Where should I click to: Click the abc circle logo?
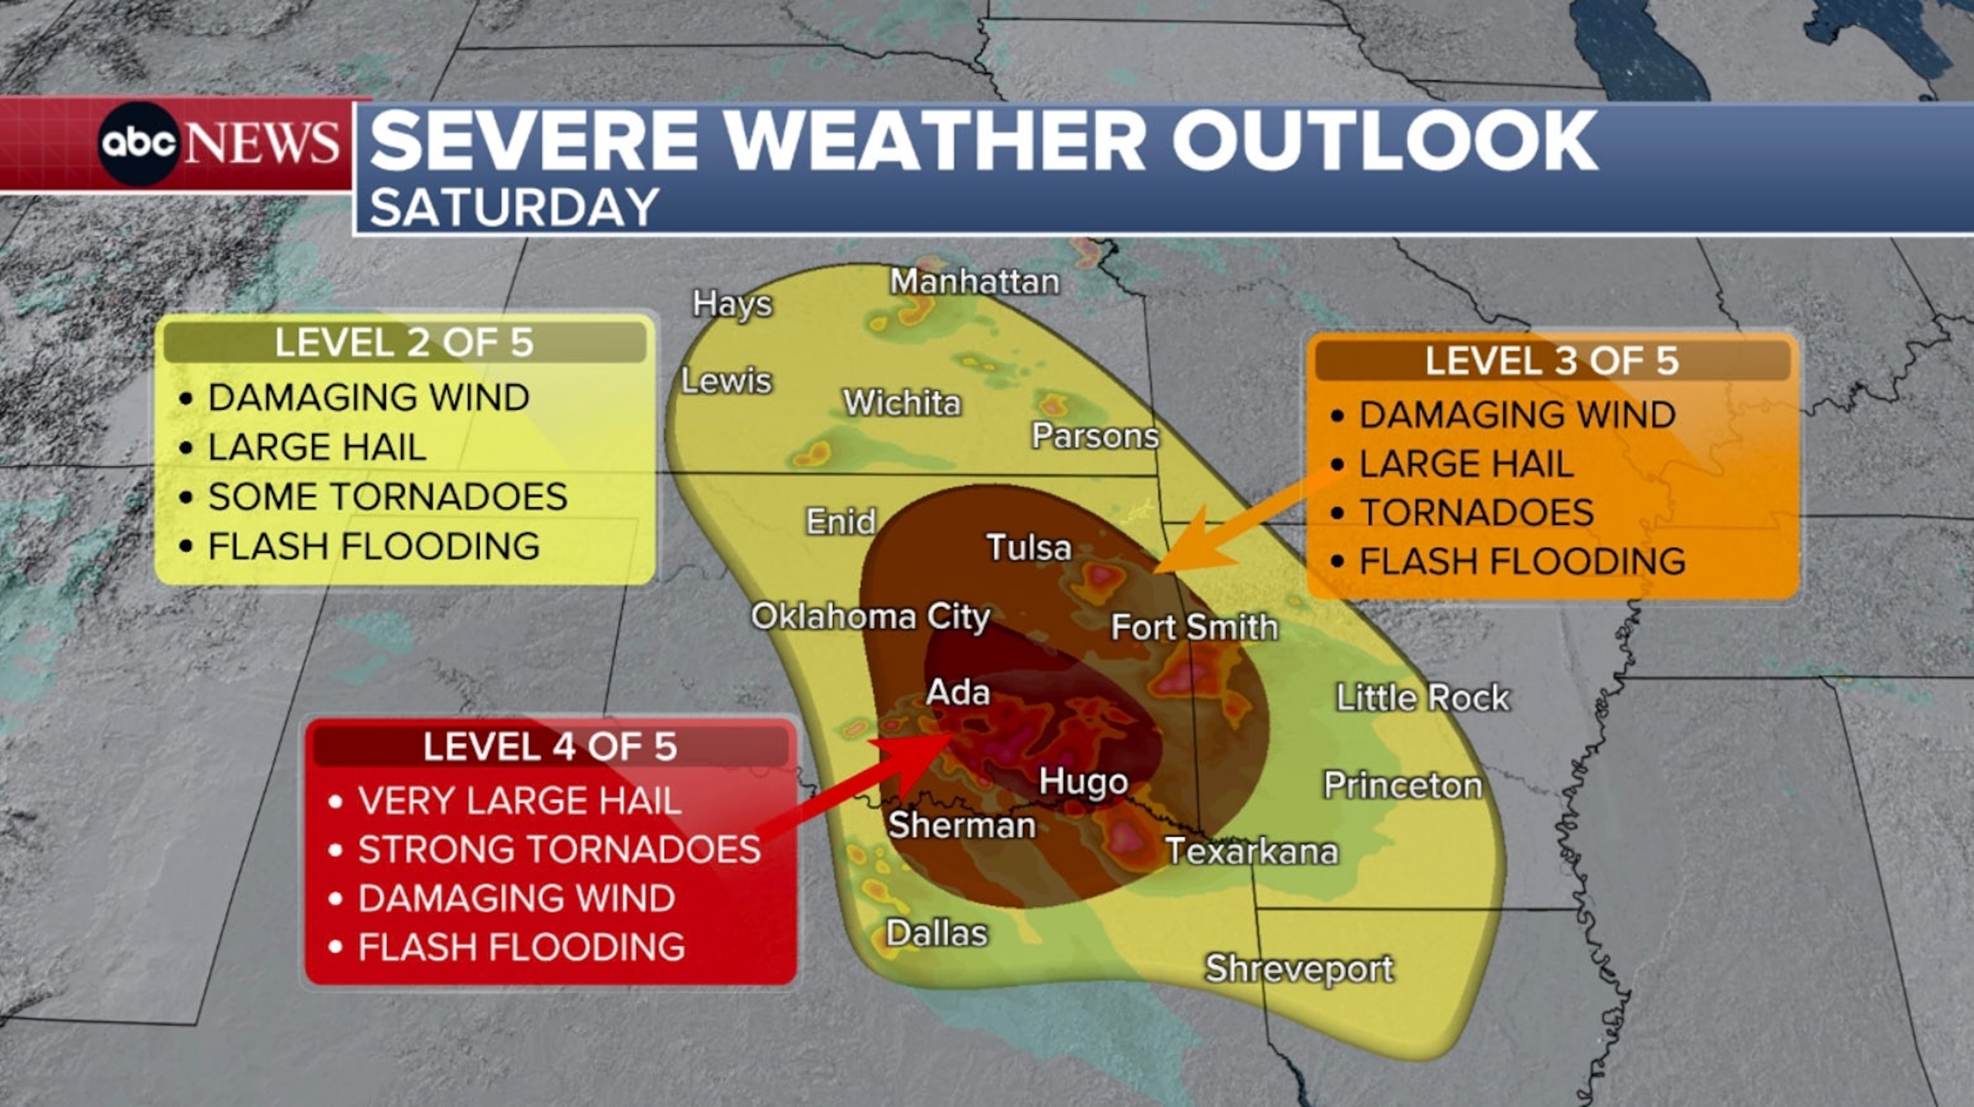click(x=139, y=143)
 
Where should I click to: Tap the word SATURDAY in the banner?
click(x=514, y=207)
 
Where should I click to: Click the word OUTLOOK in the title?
click(x=1385, y=142)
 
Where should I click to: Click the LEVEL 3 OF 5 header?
click(x=1552, y=361)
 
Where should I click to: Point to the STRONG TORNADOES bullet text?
click(x=558, y=849)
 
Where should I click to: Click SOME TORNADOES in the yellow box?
click(x=387, y=497)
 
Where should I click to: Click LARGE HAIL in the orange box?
click(x=1466, y=463)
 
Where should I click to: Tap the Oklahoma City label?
click(x=871, y=617)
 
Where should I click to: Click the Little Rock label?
click(x=1422, y=698)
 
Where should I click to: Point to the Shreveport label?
click(x=1299, y=969)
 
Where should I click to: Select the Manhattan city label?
click(x=974, y=282)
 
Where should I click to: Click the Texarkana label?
click(x=1251, y=851)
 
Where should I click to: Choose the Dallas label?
click(x=936, y=933)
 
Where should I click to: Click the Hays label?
click(x=732, y=304)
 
